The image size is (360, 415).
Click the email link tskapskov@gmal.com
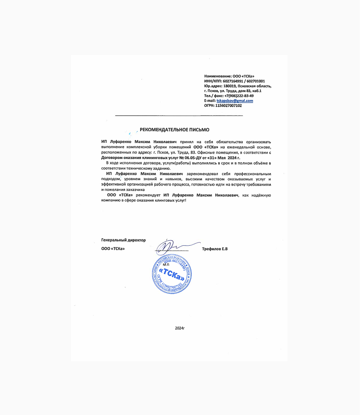235,101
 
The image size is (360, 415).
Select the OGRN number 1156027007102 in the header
229,106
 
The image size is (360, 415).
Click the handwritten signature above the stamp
174,246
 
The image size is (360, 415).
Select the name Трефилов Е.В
215,249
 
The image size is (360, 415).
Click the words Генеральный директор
123,240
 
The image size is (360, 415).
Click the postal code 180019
231,86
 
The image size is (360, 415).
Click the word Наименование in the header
218,76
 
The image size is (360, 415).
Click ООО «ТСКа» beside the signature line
113,249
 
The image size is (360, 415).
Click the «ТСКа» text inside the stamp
172,273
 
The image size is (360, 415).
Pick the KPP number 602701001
256,81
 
